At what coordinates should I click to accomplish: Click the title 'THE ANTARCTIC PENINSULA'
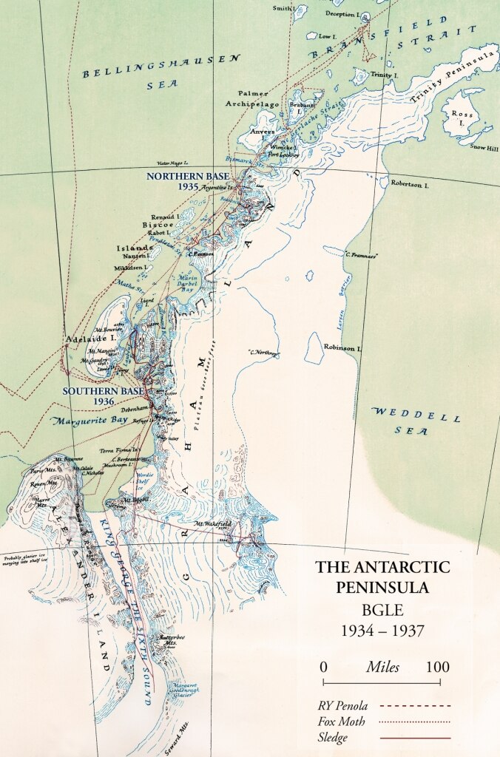coord(382,577)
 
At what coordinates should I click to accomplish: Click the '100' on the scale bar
coord(438,667)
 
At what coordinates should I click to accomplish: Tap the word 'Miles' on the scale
coord(382,667)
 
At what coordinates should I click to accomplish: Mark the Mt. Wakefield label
coord(213,524)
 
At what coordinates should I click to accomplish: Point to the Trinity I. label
coord(381,75)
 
